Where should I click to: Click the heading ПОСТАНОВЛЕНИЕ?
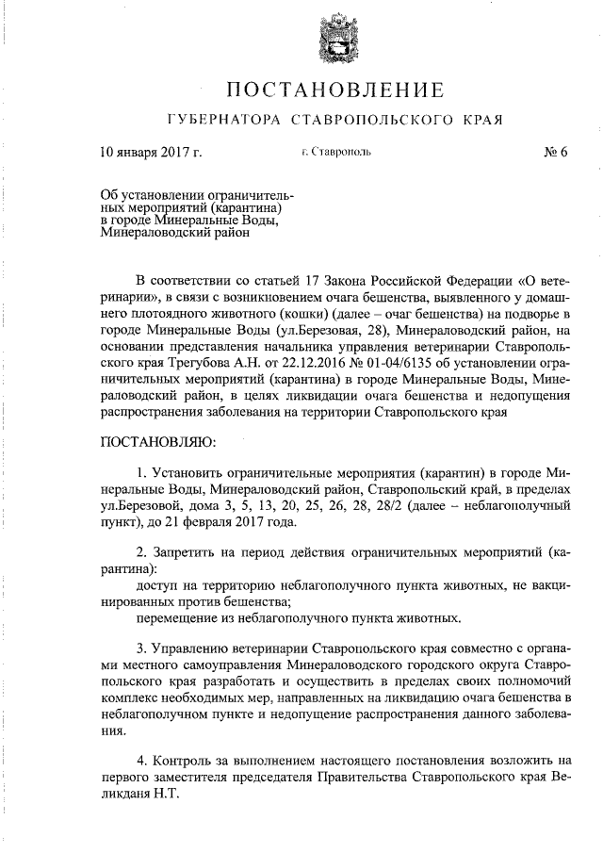pyautogui.click(x=334, y=90)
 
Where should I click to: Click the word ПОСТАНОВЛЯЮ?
pyautogui.click(x=158, y=440)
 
